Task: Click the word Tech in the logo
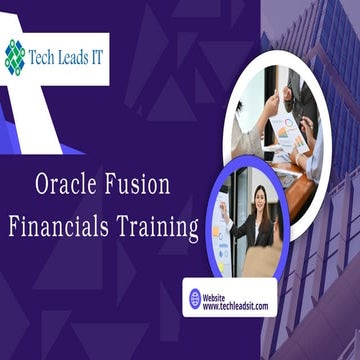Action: tap(45, 52)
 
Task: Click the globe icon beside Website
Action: tap(195, 297)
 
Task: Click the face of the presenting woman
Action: tap(261, 198)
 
